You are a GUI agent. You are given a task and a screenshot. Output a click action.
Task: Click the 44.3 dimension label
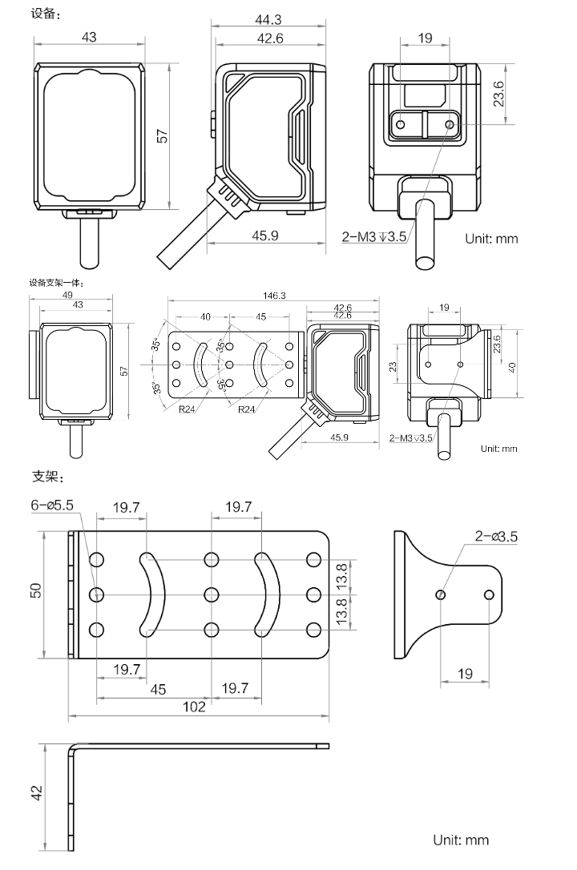click(x=268, y=20)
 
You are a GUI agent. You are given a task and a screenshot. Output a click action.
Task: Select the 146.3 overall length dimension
click(x=273, y=296)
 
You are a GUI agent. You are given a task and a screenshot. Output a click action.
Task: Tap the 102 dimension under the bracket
click(x=193, y=706)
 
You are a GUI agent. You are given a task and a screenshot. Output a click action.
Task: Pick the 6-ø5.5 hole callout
click(x=52, y=506)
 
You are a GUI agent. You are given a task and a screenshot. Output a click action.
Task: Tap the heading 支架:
click(x=45, y=477)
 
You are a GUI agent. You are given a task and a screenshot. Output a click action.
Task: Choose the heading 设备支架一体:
click(x=56, y=282)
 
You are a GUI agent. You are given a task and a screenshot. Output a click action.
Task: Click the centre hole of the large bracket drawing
click(x=212, y=594)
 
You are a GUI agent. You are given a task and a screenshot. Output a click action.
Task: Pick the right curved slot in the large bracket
click(x=267, y=594)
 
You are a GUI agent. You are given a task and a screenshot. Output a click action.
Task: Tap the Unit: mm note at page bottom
click(x=461, y=840)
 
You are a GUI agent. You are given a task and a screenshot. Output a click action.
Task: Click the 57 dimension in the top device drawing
click(x=162, y=136)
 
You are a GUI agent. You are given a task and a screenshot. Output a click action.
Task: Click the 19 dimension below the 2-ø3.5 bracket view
click(x=466, y=674)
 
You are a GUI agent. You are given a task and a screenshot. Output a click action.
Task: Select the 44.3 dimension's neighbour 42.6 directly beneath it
click(x=268, y=37)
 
